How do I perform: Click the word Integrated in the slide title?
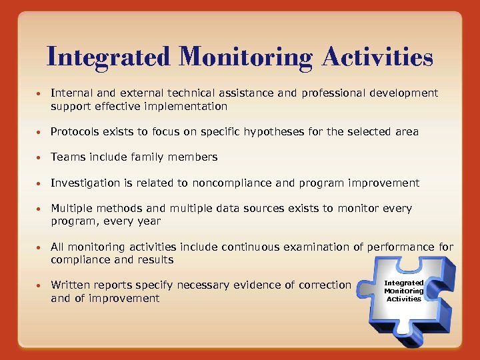click(x=109, y=57)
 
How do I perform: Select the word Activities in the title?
click(x=377, y=57)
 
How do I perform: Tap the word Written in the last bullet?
click(x=71, y=285)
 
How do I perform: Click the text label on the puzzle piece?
click(x=404, y=291)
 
